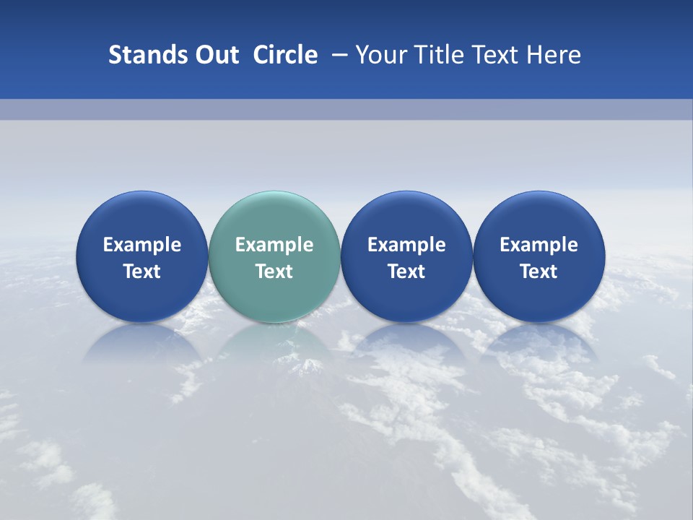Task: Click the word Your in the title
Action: [378, 55]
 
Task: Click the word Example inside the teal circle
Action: [274, 245]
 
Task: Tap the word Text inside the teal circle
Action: [274, 272]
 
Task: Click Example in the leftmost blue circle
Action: [141, 245]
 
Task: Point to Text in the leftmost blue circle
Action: [141, 272]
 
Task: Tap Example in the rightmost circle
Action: [539, 245]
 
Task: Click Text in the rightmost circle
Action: [539, 272]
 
